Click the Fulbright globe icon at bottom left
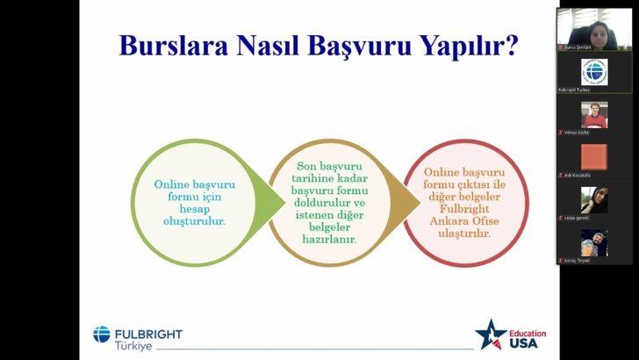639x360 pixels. click(x=102, y=334)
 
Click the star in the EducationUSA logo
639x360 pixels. click(x=491, y=336)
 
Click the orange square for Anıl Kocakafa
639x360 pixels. click(x=594, y=156)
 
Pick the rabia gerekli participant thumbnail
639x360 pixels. click(x=594, y=199)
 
